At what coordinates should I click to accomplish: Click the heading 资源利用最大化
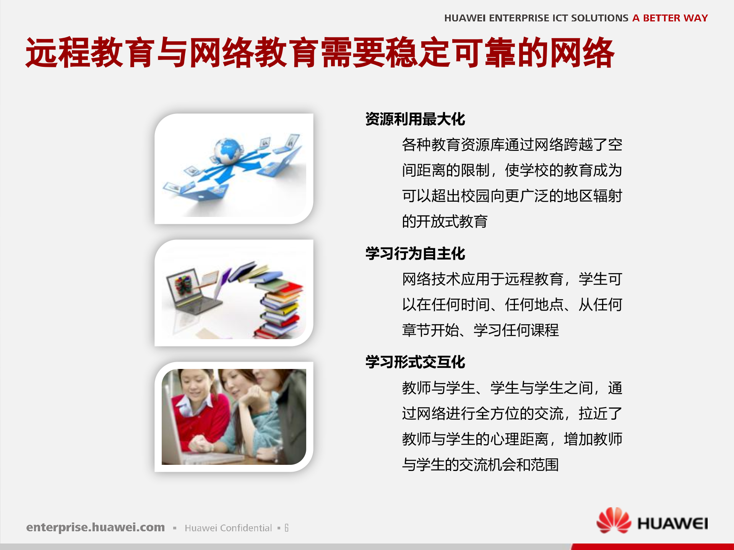[415, 119]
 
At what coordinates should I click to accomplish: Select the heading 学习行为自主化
[415, 254]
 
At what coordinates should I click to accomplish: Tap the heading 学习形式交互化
[415, 362]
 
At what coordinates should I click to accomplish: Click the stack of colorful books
[281, 306]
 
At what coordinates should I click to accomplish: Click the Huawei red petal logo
[613, 521]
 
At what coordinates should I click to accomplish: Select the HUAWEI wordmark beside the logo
[672, 524]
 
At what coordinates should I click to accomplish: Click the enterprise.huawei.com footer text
[96, 527]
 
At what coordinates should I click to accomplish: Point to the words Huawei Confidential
[228, 528]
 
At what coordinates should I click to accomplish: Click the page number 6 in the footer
[287, 528]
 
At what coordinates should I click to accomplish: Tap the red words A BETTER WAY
[670, 18]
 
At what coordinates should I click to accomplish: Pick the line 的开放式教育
[445, 222]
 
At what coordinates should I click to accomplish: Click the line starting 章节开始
[480, 330]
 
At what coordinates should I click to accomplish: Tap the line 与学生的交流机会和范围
[480, 465]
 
